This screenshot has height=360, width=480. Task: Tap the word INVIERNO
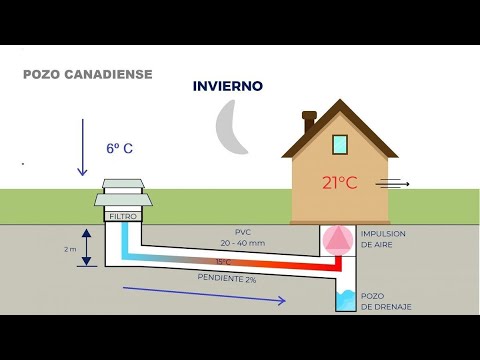pos(228,86)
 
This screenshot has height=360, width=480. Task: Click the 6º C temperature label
pos(120,148)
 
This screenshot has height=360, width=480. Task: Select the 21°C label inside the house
pos(339,182)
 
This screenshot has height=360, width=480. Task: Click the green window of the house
pos(340,144)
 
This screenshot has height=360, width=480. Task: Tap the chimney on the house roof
pos(309,121)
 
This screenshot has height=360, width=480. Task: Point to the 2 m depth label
pos(67,247)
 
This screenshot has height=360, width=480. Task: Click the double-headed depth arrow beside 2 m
pos(87,247)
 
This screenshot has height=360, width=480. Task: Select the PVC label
pos(242,232)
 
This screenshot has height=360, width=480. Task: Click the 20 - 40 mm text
pos(242,242)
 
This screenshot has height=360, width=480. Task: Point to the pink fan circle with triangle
pos(339,238)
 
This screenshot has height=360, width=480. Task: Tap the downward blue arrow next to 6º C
pos(79,146)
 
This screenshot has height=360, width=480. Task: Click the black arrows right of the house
pos(393,183)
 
